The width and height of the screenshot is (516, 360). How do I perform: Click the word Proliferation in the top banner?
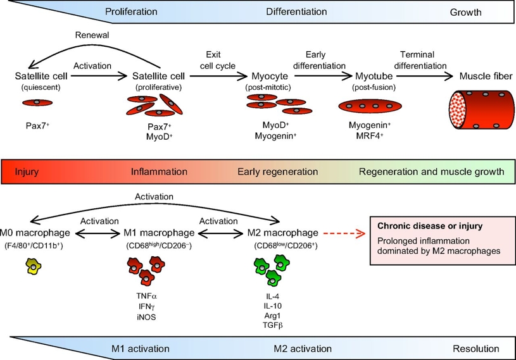point(131,12)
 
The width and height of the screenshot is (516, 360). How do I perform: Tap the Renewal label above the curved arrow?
point(92,35)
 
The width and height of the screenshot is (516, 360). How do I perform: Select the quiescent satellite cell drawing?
point(37,102)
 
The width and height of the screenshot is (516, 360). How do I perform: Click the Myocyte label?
point(270,77)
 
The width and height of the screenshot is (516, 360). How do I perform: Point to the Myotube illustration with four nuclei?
point(370,106)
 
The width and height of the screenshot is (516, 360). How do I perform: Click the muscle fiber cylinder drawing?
point(481,110)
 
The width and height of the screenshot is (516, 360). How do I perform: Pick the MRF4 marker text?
point(370,135)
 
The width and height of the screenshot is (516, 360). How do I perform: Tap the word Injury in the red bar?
point(27,172)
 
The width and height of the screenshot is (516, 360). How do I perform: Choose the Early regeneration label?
point(278,171)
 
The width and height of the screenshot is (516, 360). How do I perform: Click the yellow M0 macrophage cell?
point(33,266)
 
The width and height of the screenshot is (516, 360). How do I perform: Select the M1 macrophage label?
point(159,233)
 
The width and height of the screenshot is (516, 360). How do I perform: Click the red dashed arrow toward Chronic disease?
point(344,233)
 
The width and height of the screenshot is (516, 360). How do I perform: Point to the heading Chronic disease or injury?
point(430,227)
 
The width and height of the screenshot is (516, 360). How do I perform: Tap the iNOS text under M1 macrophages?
point(146,317)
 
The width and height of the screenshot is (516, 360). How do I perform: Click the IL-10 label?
point(272,306)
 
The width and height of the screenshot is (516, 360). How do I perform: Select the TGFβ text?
point(272,325)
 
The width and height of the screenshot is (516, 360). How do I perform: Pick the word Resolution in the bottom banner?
point(476,349)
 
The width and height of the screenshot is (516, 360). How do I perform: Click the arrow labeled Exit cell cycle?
point(218,77)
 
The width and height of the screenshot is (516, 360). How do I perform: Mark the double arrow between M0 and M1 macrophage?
point(98,233)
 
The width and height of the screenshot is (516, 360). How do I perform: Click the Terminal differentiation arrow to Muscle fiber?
point(425,77)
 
